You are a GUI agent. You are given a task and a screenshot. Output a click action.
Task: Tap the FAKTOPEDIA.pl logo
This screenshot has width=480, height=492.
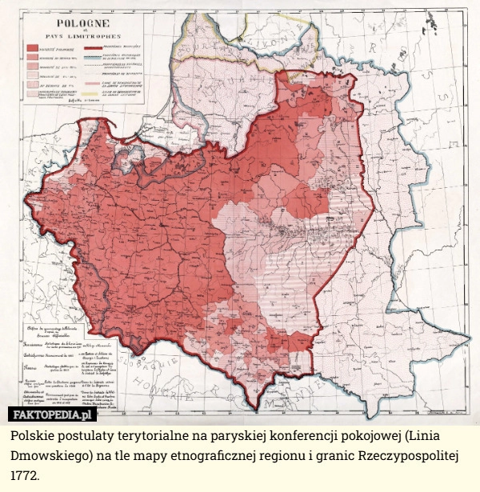53,414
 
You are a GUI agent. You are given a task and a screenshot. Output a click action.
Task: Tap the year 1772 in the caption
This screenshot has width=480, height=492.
29,475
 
